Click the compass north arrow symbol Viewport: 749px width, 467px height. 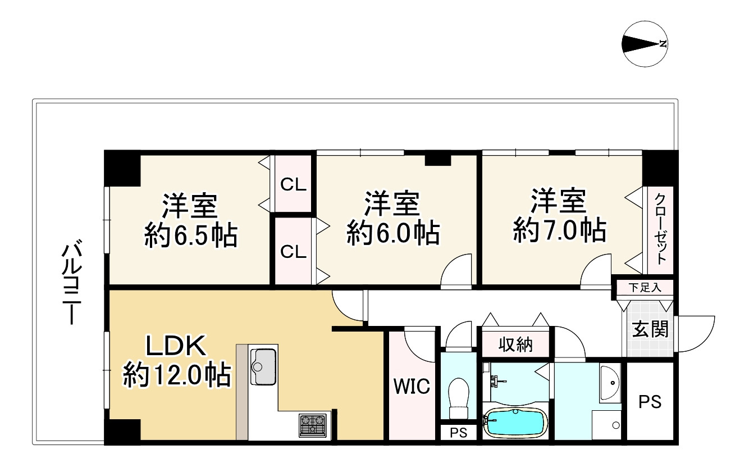tap(645, 44)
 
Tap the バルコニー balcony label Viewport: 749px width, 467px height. tap(71, 282)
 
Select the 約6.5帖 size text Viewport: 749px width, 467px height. tap(191, 235)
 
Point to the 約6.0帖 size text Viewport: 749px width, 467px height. tap(393, 232)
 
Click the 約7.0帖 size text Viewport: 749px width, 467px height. tap(560, 230)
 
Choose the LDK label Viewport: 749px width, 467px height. tap(176, 346)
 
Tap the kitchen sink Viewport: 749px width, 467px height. tap(263, 366)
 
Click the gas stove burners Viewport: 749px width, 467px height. tap(313, 425)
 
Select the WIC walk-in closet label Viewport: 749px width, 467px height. tap(412, 387)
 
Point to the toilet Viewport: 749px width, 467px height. tap(458, 398)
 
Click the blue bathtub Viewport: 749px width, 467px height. tap(515, 423)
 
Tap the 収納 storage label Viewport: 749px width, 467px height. tap(515, 344)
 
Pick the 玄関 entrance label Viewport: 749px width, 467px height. tap(650, 329)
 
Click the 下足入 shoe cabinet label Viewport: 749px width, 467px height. tap(645, 288)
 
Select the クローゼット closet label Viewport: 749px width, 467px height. tap(660, 230)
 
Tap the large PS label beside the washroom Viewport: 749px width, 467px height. tap(650, 402)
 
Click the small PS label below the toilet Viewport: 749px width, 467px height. tap(458, 433)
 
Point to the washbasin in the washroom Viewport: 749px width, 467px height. tap(610, 384)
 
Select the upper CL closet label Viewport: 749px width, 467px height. tap(293, 184)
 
